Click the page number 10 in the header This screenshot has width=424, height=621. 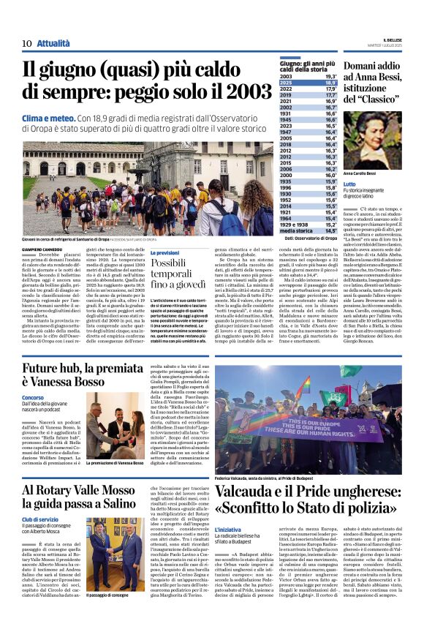click(26, 44)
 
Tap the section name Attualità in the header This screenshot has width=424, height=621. click(53, 44)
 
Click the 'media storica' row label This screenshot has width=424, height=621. click(296, 230)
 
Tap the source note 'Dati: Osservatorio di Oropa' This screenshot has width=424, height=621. click(309, 238)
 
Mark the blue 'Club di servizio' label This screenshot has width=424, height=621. click(40, 520)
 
